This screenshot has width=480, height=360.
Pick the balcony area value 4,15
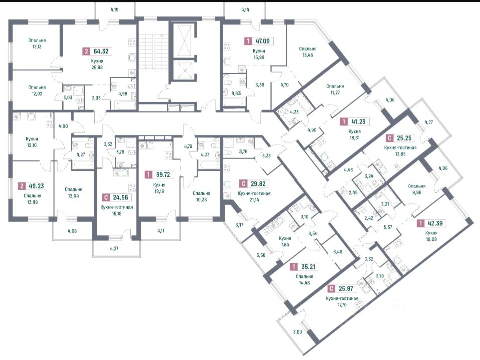[x=115, y=10]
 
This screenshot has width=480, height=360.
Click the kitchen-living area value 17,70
[x=342, y=306]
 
